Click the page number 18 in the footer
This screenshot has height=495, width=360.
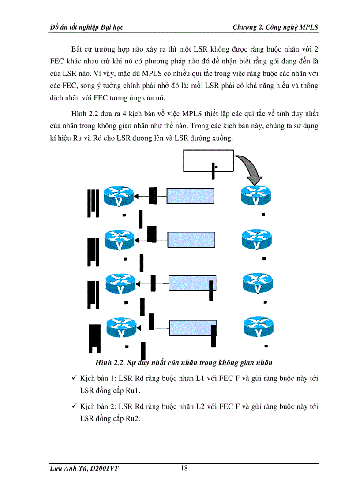click(184, 468)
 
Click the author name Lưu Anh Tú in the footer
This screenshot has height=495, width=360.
click(67, 469)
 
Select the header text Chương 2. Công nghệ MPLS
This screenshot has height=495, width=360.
click(275, 27)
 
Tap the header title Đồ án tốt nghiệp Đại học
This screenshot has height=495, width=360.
click(87, 27)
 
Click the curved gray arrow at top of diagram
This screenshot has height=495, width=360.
click(250, 170)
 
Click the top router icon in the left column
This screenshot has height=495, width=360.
click(119, 196)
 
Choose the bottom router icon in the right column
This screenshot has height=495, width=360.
click(259, 328)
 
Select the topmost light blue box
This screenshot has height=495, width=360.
click(190, 196)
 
